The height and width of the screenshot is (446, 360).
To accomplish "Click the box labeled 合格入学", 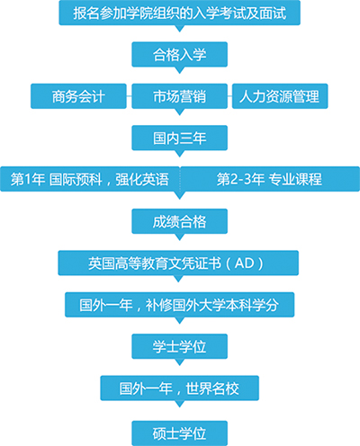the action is tap(179, 54).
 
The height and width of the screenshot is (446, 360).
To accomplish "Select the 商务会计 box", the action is tap(78, 96).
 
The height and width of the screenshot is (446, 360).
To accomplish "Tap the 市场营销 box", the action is tap(179, 96).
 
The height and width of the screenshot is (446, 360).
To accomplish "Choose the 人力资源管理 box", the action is tap(280, 96).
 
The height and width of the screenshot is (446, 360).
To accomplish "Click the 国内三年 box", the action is tap(179, 138).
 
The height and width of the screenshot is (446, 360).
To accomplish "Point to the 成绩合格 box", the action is tap(179, 221).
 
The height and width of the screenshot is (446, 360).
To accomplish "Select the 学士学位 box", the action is tap(179, 346).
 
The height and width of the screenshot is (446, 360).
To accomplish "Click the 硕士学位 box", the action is tap(179, 433).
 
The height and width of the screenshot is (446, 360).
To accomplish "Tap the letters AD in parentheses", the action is tap(245, 263).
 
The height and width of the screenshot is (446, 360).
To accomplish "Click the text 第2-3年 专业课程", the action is tap(269, 179).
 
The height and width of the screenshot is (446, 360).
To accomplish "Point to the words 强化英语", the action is tap(142, 179).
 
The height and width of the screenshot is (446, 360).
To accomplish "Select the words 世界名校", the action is tap(212, 388).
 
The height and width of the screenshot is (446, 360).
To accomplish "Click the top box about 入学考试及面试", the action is tap(179, 13).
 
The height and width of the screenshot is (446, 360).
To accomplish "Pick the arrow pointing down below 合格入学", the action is tap(179, 70).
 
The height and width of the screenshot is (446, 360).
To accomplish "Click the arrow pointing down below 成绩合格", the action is tap(179, 237).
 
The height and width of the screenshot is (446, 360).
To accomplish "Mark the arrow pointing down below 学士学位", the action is tap(179, 362).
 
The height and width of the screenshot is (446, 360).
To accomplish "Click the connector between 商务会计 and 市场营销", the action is tap(129, 96).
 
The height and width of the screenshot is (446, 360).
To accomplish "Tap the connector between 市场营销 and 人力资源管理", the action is tap(229, 96).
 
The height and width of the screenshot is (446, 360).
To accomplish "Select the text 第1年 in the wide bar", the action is tap(28, 179).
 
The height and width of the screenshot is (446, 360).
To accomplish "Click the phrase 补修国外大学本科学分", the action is tap(212, 305).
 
